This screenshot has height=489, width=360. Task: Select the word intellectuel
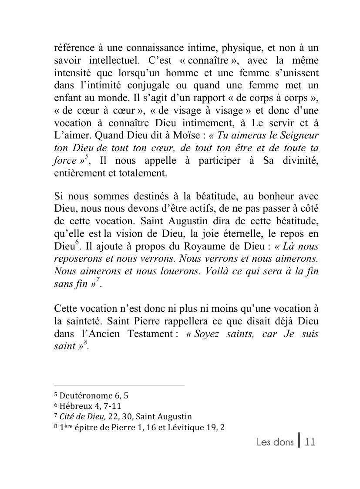tap(115, 60)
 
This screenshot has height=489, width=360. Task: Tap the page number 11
tap(310, 442)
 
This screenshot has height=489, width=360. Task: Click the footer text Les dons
tap(275, 442)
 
